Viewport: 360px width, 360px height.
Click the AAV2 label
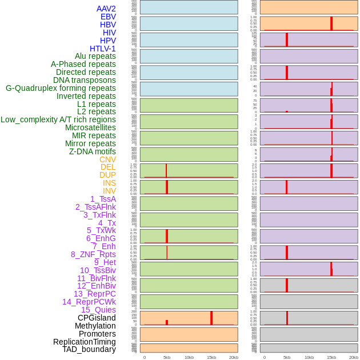pyautogui.click(x=106, y=9)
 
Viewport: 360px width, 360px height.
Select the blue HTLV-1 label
pyautogui.click(x=102, y=49)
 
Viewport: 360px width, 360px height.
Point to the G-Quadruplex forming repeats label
pyautogui.click(x=61, y=88)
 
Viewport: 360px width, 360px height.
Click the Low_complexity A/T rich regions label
pyautogui.click(x=58, y=119)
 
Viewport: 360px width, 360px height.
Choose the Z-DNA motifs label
pyautogui.click(x=93, y=151)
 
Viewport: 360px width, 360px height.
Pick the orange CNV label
pyautogui.click(x=107, y=159)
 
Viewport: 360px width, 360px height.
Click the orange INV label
pyautogui.click(x=109, y=191)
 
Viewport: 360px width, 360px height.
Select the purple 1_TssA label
pyautogui.click(x=103, y=199)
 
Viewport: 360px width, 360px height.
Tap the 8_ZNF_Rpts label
pyautogui.click(x=93, y=254)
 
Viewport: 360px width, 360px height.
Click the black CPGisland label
pyautogui.click(x=97, y=318)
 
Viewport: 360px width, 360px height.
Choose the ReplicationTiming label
pyautogui.click(x=85, y=342)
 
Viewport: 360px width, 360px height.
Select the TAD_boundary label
pyautogui.click(x=89, y=349)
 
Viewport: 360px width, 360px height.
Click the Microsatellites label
pyautogui.click(x=90, y=127)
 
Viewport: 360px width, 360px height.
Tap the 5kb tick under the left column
pyautogui.click(x=167, y=357)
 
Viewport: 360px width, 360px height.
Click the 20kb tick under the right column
pyautogui.click(x=354, y=357)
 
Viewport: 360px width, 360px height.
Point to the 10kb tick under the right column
pyautogui.click(x=309, y=357)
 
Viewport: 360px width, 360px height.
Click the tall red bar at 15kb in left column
pyautogui.click(x=211, y=318)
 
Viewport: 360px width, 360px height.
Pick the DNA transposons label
pyautogui.click(x=85, y=80)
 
